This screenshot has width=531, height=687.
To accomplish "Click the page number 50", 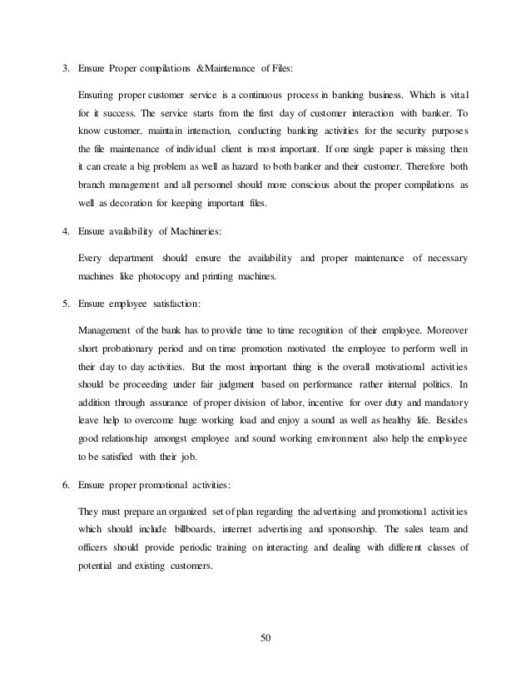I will click(265, 638).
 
